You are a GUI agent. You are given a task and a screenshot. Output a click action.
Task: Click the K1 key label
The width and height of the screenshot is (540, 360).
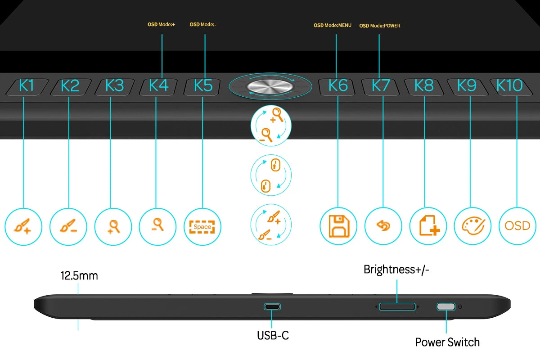(x=26, y=85)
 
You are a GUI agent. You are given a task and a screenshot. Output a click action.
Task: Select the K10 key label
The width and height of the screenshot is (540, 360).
(x=509, y=85)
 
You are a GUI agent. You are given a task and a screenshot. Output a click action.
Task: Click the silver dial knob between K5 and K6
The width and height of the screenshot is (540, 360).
(x=270, y=86)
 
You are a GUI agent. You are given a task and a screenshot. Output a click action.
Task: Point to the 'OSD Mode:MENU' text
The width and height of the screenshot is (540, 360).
(x=333, y=25)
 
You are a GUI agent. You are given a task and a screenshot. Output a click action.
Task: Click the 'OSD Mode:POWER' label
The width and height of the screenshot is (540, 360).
(x=380, y=26)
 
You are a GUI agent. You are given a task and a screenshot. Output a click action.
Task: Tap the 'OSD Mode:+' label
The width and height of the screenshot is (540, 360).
(x=161, y=24)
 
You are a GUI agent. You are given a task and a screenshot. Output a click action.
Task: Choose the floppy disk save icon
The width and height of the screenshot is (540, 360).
(x=339, y=226)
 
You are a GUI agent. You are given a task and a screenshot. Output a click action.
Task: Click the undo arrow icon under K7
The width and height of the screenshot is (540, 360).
(x=383, y=226)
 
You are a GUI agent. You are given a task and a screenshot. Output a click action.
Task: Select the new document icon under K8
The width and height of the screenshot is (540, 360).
(x=429, y=225)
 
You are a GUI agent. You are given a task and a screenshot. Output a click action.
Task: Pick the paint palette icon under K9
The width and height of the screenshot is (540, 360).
(x=473, y=226)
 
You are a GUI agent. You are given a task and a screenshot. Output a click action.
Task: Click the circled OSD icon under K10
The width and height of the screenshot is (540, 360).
(x=517, y=226)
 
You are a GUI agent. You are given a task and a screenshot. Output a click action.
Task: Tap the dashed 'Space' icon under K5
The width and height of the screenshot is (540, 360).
(x=202, y=227)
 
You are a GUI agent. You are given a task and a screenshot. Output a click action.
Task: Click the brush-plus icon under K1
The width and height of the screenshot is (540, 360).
(x=22, y=226)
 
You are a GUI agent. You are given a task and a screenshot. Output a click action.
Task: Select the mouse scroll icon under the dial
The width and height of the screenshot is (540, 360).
(x=271, y=175)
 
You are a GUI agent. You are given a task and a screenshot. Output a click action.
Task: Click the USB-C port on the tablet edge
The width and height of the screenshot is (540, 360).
(x=272, y=307)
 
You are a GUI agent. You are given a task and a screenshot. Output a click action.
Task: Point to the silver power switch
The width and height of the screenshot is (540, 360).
(x=446, y=307)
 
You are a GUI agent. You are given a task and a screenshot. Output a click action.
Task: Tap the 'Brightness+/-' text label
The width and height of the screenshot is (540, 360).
(x=396, y=270)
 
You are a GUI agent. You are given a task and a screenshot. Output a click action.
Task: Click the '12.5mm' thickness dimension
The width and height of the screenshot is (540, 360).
(x=79, y=275)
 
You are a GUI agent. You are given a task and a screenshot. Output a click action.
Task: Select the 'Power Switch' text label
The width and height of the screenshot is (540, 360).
(x=447, y=342)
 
